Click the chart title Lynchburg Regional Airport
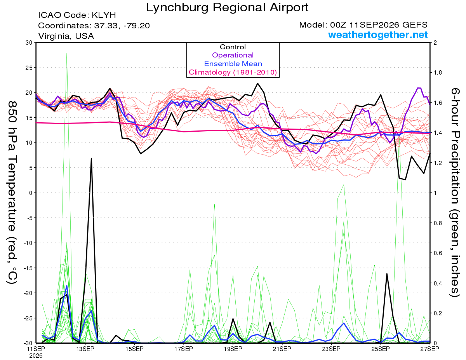pos(227,8)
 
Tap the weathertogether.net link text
pos(377,35)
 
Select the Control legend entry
pos(233,47)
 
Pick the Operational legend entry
pos(233,55)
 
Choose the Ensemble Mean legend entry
pos(233,64)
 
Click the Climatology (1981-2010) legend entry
pos(233,72)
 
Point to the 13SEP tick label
pos(85,349)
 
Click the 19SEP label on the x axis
pos(233,349)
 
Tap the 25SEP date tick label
pos(381,349)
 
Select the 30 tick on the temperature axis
pos(29,43)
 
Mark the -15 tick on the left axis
pos(28,268)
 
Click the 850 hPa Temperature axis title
pos(12,193)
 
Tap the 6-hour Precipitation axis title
pos(455,192)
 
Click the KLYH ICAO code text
pos(104,15)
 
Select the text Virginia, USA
pos(66,36)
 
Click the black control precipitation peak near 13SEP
pos(91,158)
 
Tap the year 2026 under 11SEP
pos(36,356)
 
